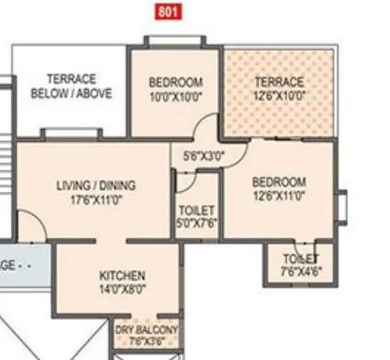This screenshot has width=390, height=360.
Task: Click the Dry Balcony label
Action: (x=146, y=330)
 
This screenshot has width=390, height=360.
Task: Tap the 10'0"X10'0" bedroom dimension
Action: (x=175, y=94)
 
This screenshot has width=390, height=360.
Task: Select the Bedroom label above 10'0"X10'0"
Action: (x=175, y=82)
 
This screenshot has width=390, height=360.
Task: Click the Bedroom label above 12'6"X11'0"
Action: (x=278, y=181)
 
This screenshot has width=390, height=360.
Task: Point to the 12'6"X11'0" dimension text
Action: (x=278, y=194)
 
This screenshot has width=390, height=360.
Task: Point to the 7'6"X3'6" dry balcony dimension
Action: (x=146, y=342)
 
